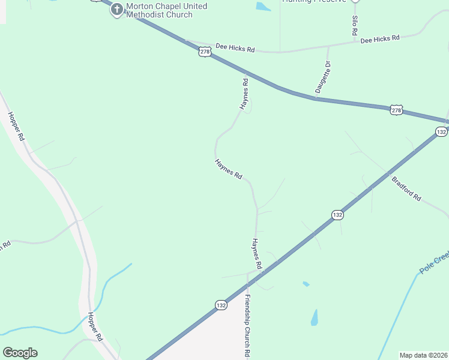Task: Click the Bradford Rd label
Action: (406, 188)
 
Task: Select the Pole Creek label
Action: (433, 263)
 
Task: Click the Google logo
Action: (20, 353)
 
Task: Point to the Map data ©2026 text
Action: (423, 355)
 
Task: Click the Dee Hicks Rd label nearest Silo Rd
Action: (380, 39)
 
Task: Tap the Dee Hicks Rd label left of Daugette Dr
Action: (235, 48)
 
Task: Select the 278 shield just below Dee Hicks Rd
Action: (205, 53)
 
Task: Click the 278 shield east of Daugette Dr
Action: (396, 110)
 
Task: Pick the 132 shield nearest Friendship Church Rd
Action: (221, 305)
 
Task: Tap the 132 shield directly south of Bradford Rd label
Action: (337, 215)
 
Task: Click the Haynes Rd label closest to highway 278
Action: (245, 94)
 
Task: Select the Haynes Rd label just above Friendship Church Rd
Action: (257, 253)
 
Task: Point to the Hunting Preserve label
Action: (315, 2)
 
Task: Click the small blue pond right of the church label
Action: (263, 7)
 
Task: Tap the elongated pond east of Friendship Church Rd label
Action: (315, 317)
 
